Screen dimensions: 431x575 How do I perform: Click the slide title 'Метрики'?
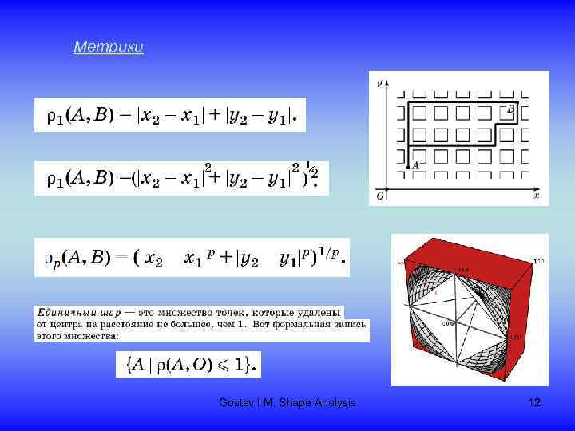(x=109, y=48)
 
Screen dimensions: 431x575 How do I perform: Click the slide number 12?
(x=534, y=403)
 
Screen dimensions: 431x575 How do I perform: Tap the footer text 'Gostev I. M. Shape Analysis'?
(x=287, y=403)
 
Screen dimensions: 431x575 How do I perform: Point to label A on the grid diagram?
(x=417, y=160)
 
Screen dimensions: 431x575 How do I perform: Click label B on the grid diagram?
(x=510, y=108)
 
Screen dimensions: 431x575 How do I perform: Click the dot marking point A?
(x=410, y=166)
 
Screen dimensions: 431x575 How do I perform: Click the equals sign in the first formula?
(x=125, y=117)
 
